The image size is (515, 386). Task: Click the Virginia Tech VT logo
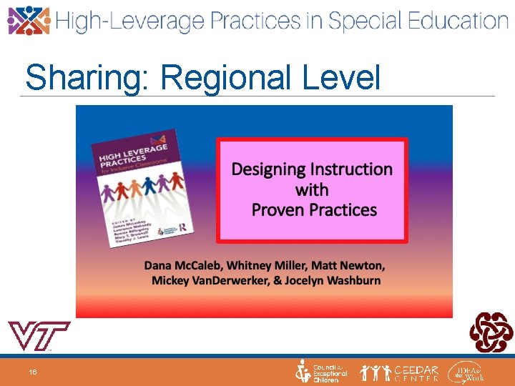pyautogui.click(x=38, y=336)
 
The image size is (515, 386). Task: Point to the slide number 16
pyautogui.click(x=33, y=372)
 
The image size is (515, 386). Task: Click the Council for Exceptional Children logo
pyautogui.click(x=322, y=372)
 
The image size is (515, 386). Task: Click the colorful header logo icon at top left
pyautogui.click(x=29, y=20)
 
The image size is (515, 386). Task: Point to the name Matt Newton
pyautogui.click(x=351, y=265)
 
